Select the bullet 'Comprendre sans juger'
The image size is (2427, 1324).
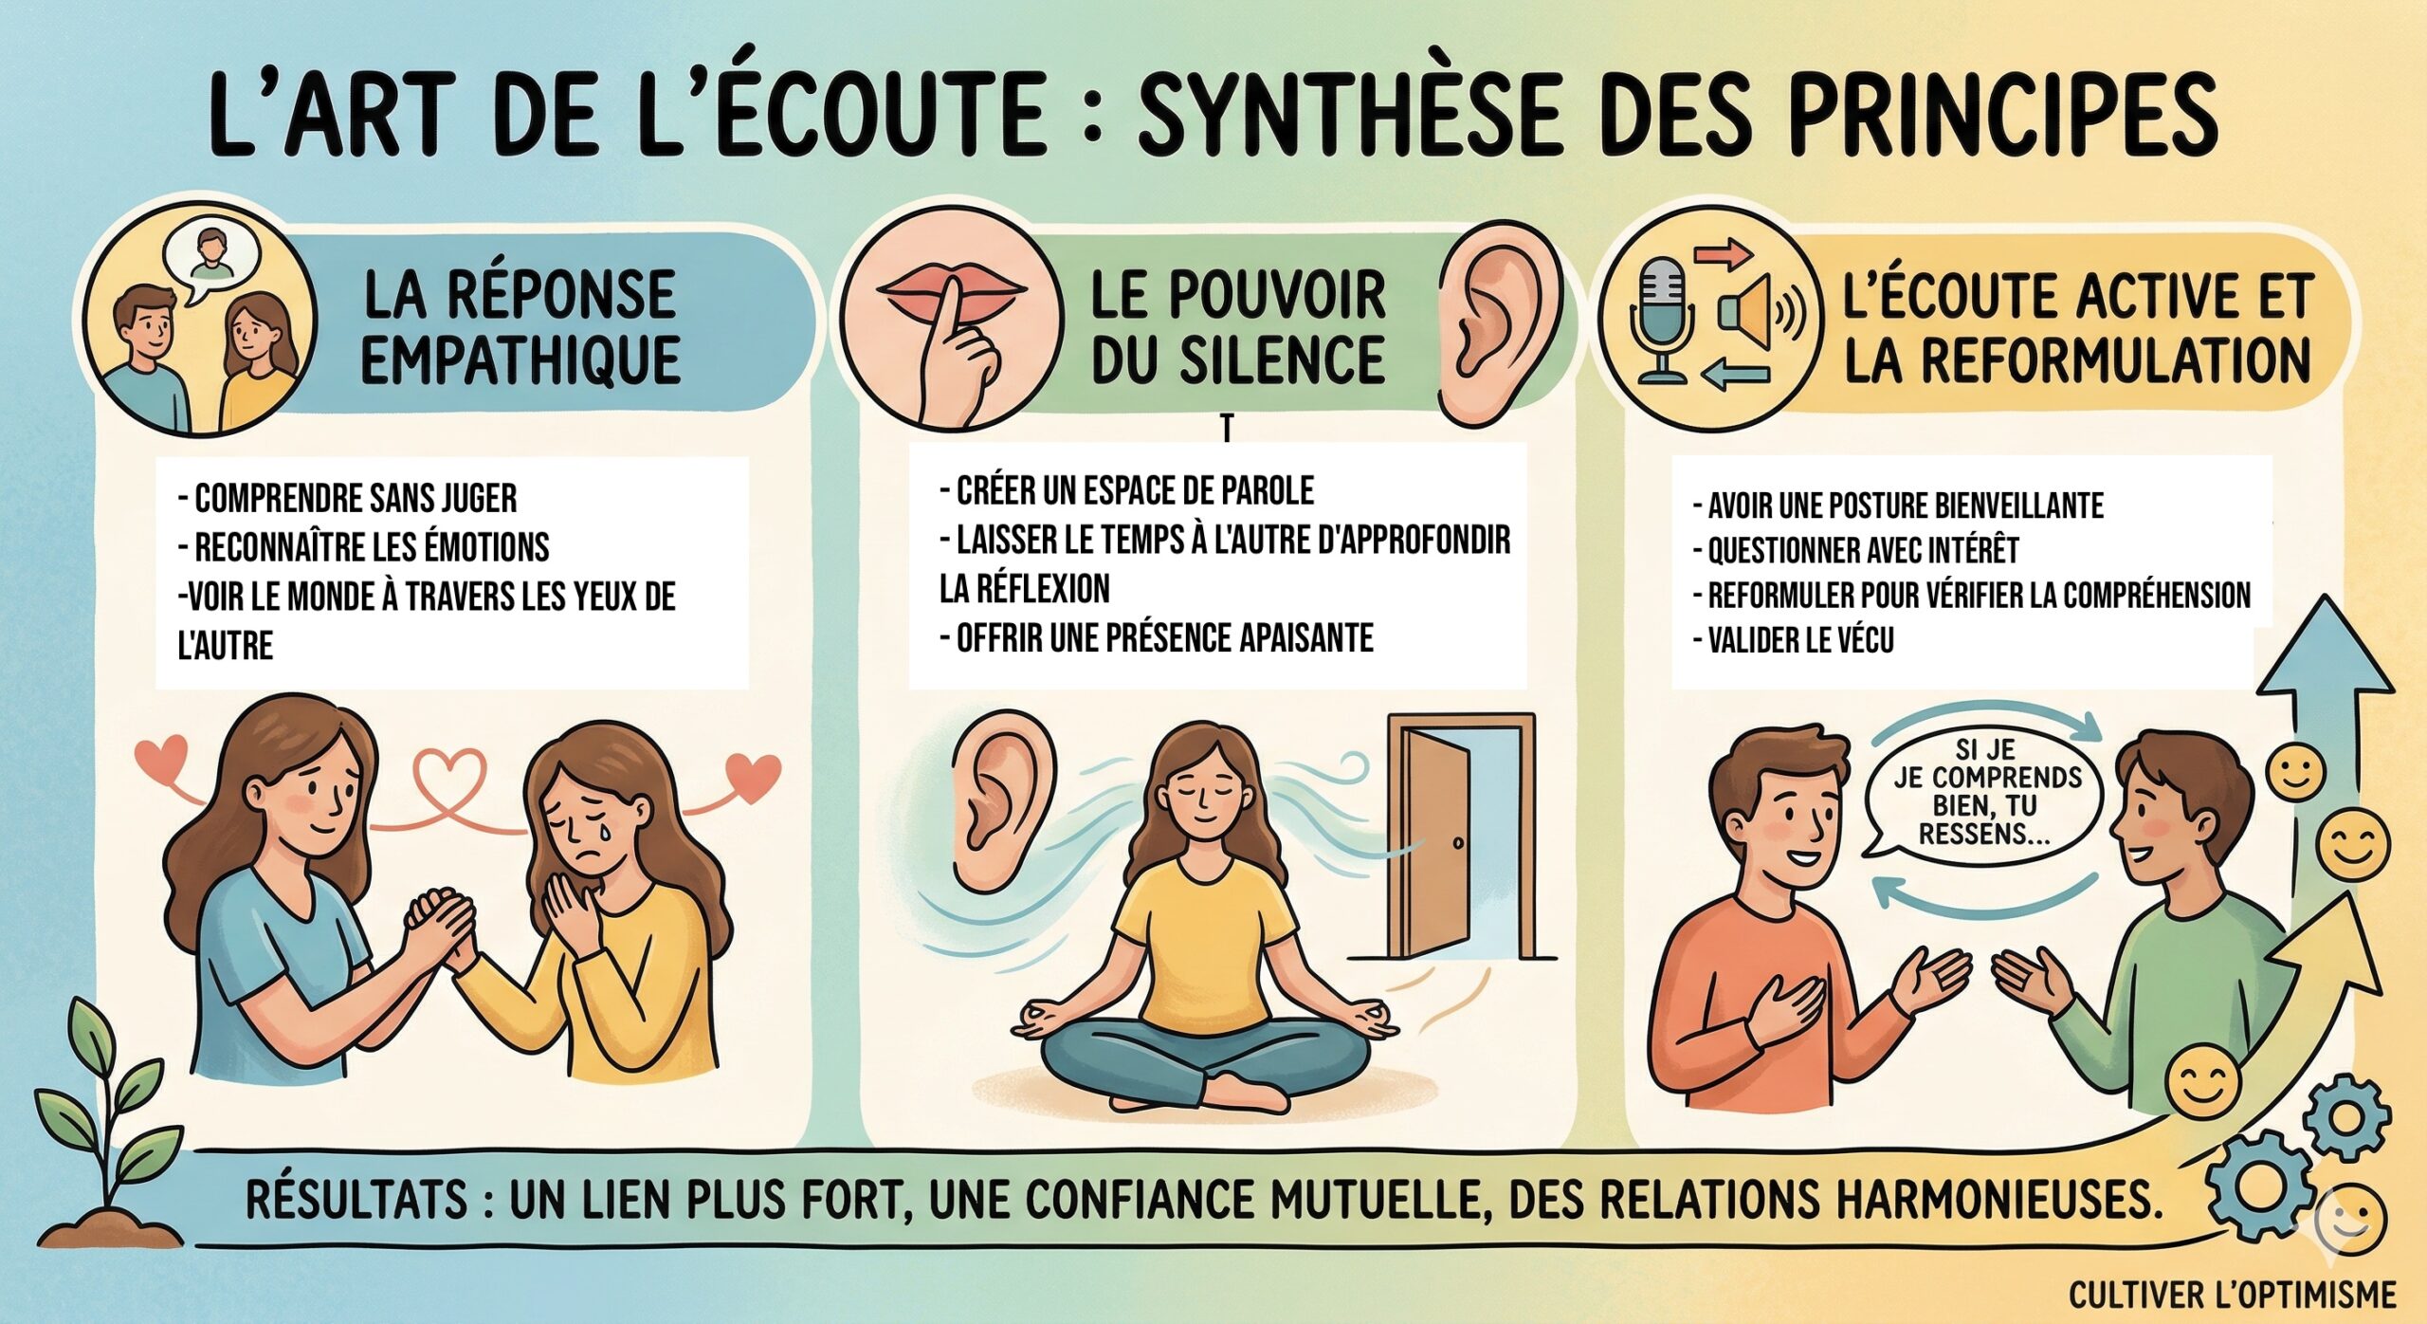click(x=347, y=498)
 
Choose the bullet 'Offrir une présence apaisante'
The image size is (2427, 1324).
click(x=1157, y=637)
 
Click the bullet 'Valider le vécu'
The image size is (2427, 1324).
click(x=1794, y=640)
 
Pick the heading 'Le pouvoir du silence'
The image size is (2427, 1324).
click(x=1238, y=326)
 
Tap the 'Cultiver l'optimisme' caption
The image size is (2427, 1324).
click(x=2242, y=1294)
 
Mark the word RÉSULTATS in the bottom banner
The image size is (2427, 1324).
click(x=356, y=1200)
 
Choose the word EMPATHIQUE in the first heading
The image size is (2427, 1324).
click(x=520, y=359)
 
